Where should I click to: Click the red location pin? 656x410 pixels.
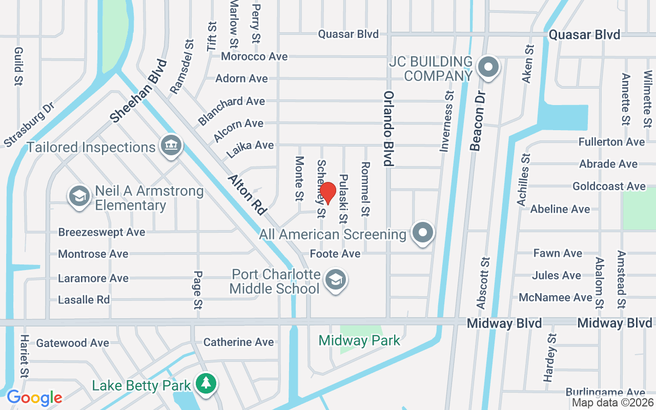click(327, 193)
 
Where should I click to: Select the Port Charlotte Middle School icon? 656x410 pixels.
click(336, 280)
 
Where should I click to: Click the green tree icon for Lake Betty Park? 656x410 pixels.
click(206, 384)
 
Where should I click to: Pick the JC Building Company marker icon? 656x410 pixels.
click(488, 68)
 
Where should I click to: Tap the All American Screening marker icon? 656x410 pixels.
click(423, 233)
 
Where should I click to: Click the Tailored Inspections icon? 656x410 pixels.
click(171, 146)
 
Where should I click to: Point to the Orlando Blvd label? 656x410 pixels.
click(389, 129)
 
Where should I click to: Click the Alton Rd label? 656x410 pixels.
click(248, 194)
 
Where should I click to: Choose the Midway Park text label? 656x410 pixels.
click(359, 340)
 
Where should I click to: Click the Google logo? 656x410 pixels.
click(34, 397)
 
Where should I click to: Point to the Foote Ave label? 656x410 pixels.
click(335, 254)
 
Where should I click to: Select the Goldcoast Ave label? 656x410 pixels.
click(609, 187)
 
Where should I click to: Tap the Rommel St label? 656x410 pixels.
click(365, 189)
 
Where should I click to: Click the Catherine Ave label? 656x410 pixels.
click(238, 342)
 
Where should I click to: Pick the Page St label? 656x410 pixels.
click(198, 290)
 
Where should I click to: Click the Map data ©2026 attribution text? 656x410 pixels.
click(613, 403)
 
